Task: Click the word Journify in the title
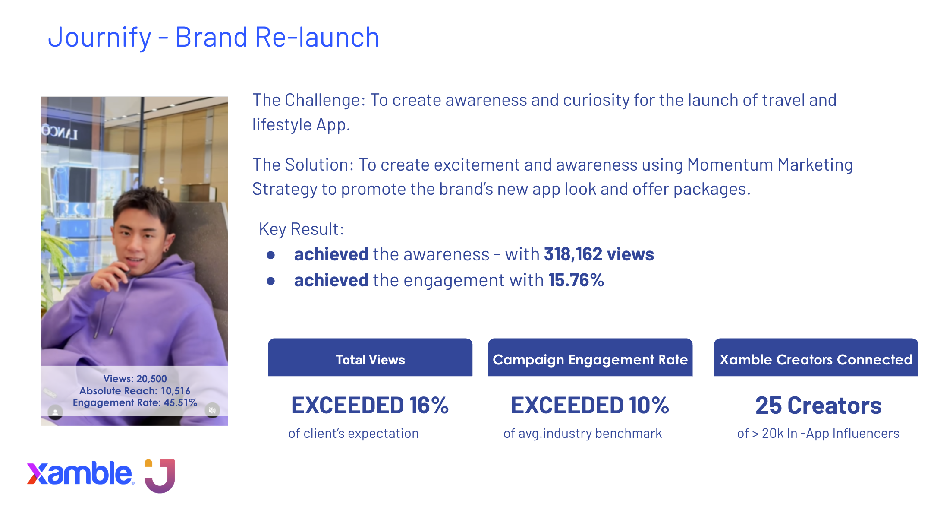[x=100, y=38]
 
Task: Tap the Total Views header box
[x=370, y=357]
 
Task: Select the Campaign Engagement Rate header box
[x=590, y=357]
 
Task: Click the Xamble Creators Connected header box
[x=816, y=357]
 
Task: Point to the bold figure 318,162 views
[x=599, y=254]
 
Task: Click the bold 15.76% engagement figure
[x=576, y=280]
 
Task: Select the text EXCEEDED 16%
[x=370, y=406]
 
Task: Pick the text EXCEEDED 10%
[x=590, y=406]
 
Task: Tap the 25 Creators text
[x=818, y=406]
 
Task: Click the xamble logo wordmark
[x=80, y=473]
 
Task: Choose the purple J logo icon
[x=160, y=475]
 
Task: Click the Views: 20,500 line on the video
[x=135, y=379]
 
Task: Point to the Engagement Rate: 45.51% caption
[x=135, y=402]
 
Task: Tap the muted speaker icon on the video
[x=212, y=410]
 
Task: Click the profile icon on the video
[x=55, y=412]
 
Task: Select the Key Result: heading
[x=301, y=229]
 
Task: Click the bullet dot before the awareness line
[x=271, y=255]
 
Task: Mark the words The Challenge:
[x=309, y=100]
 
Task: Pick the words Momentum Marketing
[x=770, y=165]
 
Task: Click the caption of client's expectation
[x=353, y=433]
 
